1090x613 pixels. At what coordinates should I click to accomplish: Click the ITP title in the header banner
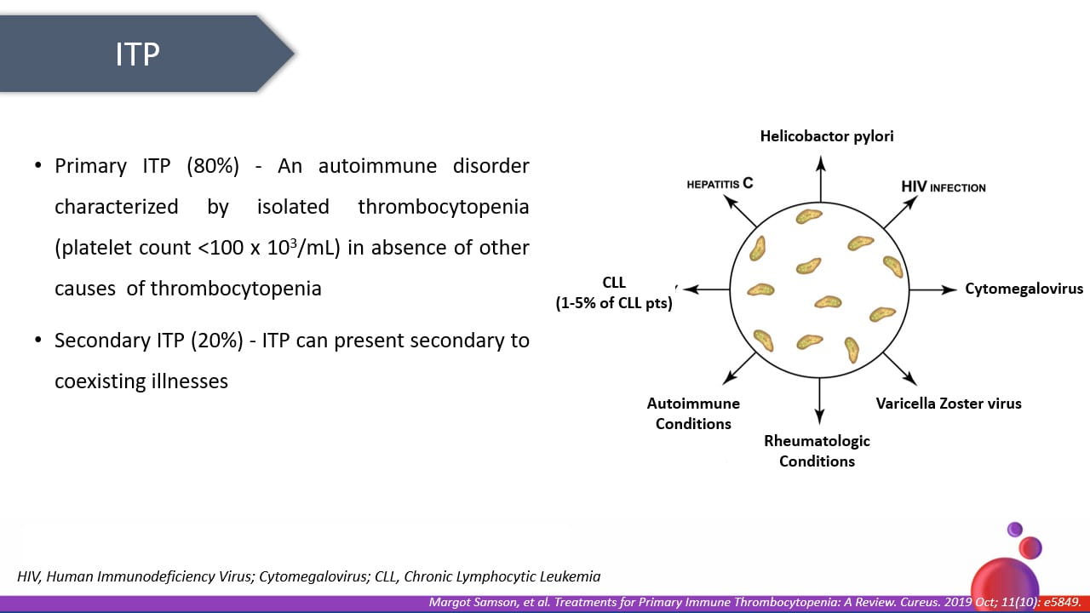tap(137, 54)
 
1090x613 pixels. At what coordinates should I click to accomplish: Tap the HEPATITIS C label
tap(720, 183)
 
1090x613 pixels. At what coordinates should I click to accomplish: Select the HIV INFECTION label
tap(943, 187)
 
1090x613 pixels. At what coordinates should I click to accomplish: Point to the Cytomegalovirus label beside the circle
tap(1024, 289)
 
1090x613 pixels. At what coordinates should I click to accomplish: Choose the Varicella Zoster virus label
tap(949, 404)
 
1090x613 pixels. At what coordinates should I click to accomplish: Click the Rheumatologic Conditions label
tap(817, 451)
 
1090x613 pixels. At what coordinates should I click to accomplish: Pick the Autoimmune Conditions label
tap(693, 414)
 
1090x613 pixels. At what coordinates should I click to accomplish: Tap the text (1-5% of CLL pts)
tap(614, 303)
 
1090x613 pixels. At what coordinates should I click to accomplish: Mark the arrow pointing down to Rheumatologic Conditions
tap(819, 400)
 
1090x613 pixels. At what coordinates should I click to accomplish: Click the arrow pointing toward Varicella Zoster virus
tap(899, 369)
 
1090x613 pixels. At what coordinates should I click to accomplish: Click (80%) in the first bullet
tap(212, 166)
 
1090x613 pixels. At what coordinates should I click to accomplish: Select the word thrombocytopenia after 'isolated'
tap(444, 207)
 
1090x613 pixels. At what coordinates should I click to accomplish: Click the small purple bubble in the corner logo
tap(1014, 529)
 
